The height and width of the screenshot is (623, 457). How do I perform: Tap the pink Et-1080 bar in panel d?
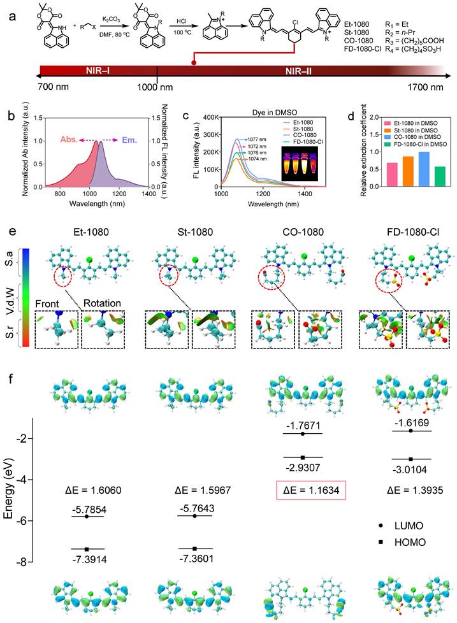coord(375,172)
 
